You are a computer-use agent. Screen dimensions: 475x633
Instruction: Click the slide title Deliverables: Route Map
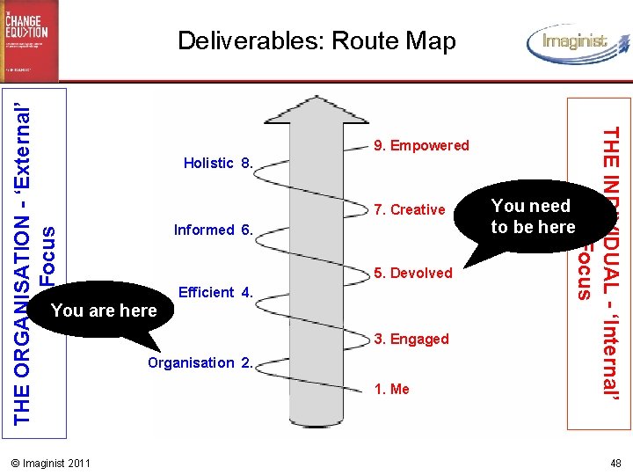[x=316, y=40]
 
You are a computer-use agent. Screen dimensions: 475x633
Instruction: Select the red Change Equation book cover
[x=29, y=40]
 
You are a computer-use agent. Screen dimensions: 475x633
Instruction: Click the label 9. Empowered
[x=421, y=145]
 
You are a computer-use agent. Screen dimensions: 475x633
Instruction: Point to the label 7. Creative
[x=410, y=209]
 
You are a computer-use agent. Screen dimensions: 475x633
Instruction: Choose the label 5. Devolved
[x=413, y=273]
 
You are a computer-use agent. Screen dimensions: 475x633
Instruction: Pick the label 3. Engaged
[x=411, y=339]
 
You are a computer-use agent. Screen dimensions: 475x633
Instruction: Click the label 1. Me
[x=392, y=389]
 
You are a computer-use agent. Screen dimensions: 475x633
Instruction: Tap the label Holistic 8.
[x=218, y=163]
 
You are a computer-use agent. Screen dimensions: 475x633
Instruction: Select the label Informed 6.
[x=214, y=230]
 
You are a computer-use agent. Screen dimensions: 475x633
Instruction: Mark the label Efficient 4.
[x=215, y=292]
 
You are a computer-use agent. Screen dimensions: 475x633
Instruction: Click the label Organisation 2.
[x=201, y=362]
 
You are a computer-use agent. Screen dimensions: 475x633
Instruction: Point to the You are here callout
[x=104, y=311]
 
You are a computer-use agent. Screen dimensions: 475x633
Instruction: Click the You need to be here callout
[x=533, y=216]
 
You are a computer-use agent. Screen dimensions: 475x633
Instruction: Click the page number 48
[x=615, y=463]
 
